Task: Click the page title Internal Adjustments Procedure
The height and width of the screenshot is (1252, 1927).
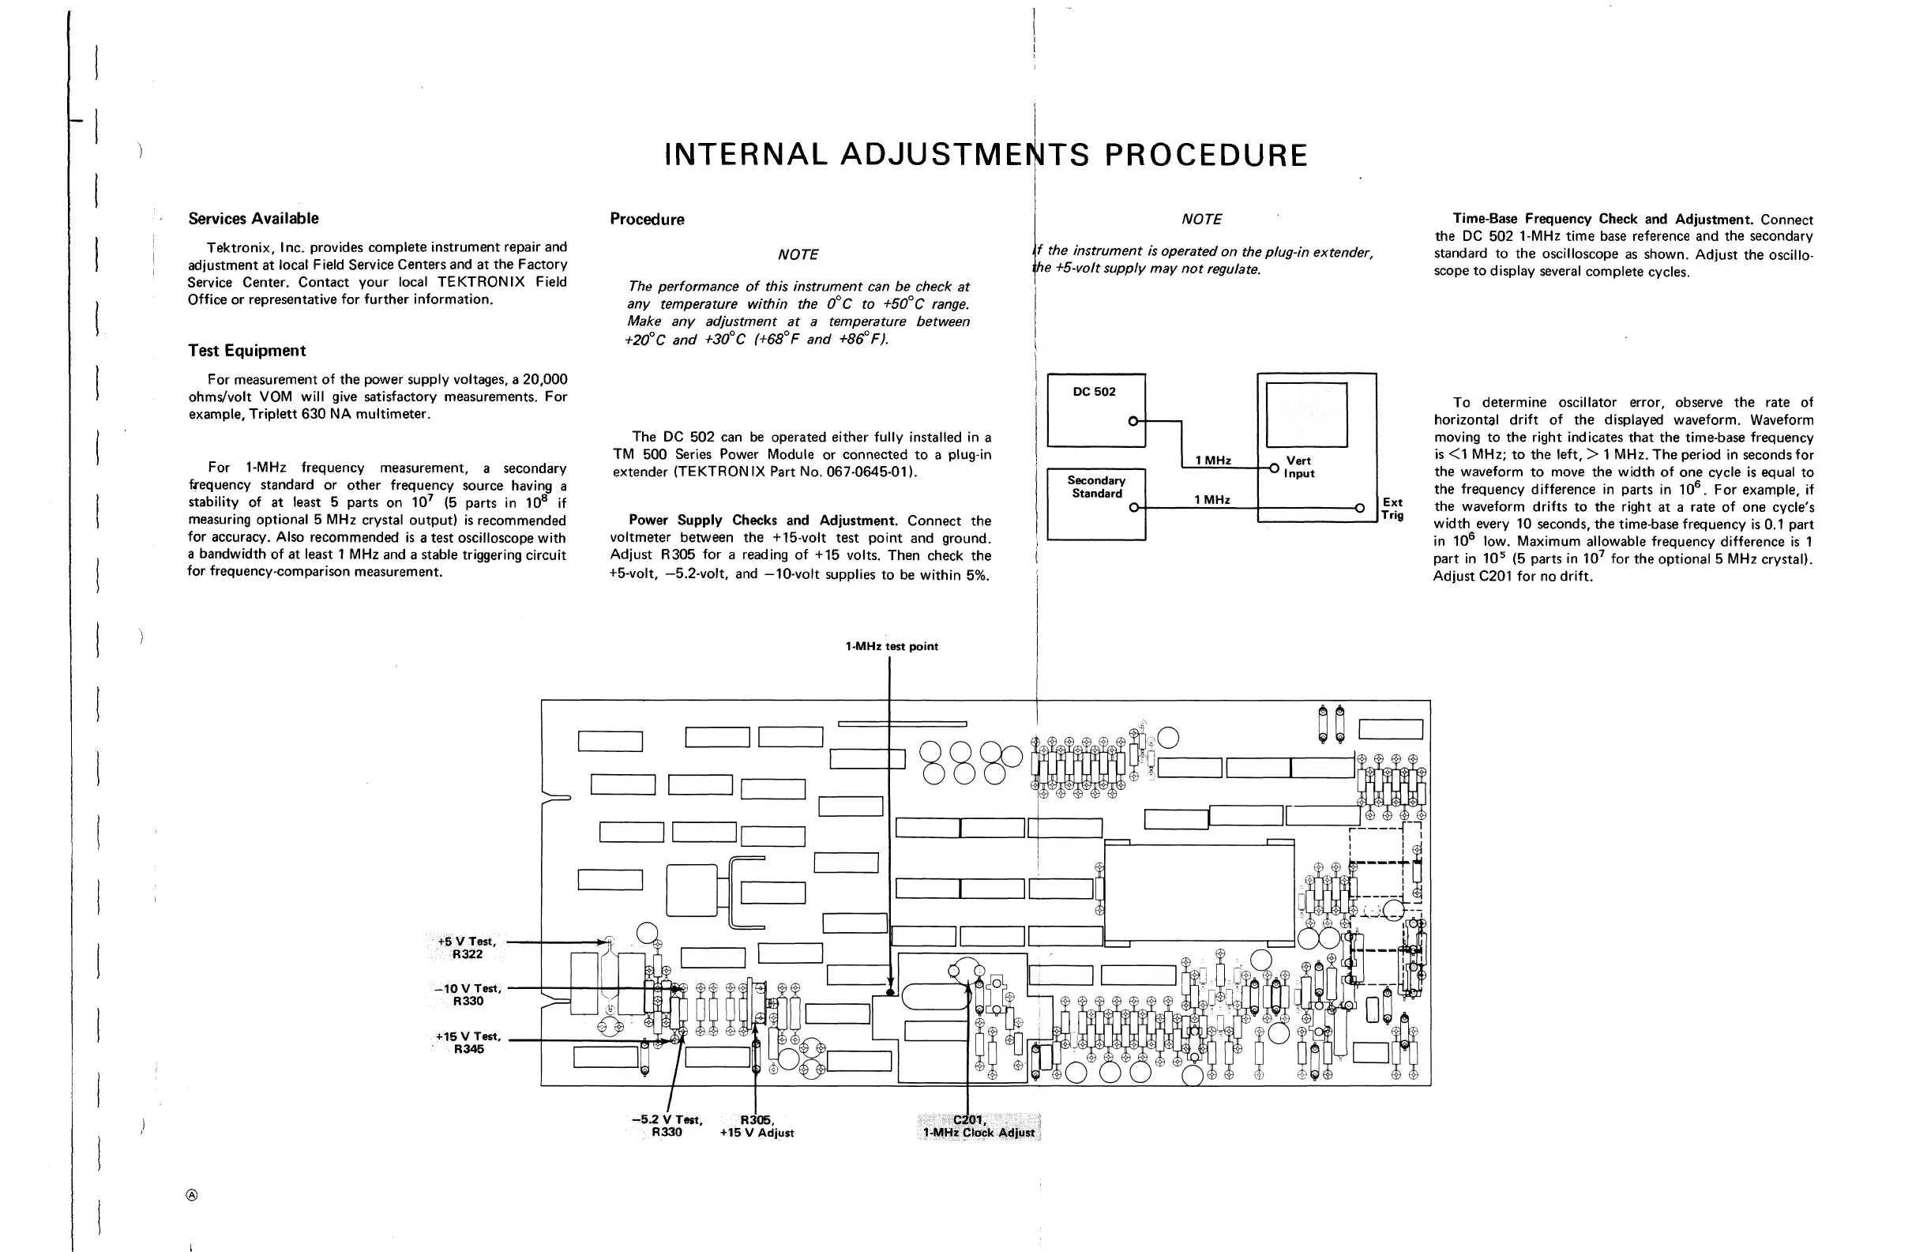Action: [986, 155]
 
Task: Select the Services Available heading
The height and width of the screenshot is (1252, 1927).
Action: [254, 219]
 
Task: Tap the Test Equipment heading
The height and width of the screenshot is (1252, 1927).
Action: [247, 351]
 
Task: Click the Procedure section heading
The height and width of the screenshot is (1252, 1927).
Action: [647, 220]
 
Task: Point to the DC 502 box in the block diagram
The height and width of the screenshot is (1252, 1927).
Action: [1095, 410]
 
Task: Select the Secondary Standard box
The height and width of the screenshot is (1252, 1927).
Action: [1096, 504]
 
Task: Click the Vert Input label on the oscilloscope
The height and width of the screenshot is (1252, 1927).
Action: [1298, 468]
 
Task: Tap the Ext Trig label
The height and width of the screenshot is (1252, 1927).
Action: [1392, 509]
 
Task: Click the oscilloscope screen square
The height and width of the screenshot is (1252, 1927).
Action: [1306, 415]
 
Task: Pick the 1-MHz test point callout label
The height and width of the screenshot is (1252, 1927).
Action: [892, 646]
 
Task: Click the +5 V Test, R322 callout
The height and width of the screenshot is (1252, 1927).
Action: [468, 948]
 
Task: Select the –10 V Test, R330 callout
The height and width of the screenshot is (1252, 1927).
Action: [468, 994]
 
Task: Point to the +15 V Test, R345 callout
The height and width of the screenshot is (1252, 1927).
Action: [468, 1042]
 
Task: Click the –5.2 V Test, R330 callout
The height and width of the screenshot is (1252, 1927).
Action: [667, 1126]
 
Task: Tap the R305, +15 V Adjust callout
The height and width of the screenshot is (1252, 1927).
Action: [757, 1126]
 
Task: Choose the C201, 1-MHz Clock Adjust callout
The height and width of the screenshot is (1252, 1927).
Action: [978, 1126]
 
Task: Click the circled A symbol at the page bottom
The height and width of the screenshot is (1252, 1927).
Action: [192, 1195]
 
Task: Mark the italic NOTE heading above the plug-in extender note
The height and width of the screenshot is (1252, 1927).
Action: [1200, 220]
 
